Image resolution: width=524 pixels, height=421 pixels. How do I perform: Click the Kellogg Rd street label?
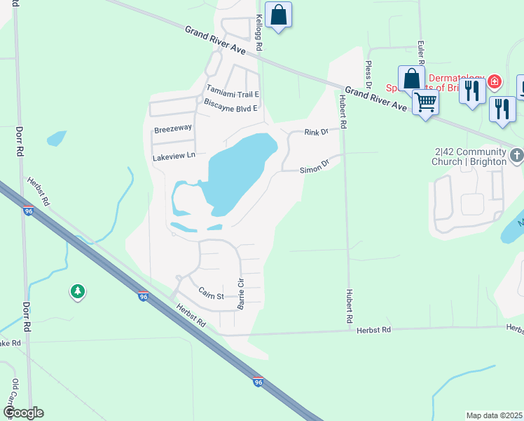coord(258,32)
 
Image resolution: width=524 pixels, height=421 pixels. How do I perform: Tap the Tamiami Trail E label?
coord(233,93)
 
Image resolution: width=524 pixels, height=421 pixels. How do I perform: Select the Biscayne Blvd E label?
coord(230,108)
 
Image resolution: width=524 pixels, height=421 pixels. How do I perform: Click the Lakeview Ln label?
coord(173,157)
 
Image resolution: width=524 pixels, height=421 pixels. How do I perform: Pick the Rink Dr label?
coord(316,132)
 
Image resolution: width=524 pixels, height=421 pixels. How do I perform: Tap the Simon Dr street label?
coord(315,169)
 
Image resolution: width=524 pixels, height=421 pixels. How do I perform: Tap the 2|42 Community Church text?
coord(470,156)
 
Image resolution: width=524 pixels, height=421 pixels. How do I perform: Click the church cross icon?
coord(517,154)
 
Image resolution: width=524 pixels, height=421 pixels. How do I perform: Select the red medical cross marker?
coord(495,82)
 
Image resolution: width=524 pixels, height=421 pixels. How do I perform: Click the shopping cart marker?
coord(425,102)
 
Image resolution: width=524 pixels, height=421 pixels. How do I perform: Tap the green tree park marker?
coord(77,291)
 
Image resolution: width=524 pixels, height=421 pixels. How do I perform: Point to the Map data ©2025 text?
coord(494,415)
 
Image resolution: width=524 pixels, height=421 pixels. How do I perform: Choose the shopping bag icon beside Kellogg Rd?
coord(278,14)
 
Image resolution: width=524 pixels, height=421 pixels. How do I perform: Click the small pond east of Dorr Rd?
coord(56,138)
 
